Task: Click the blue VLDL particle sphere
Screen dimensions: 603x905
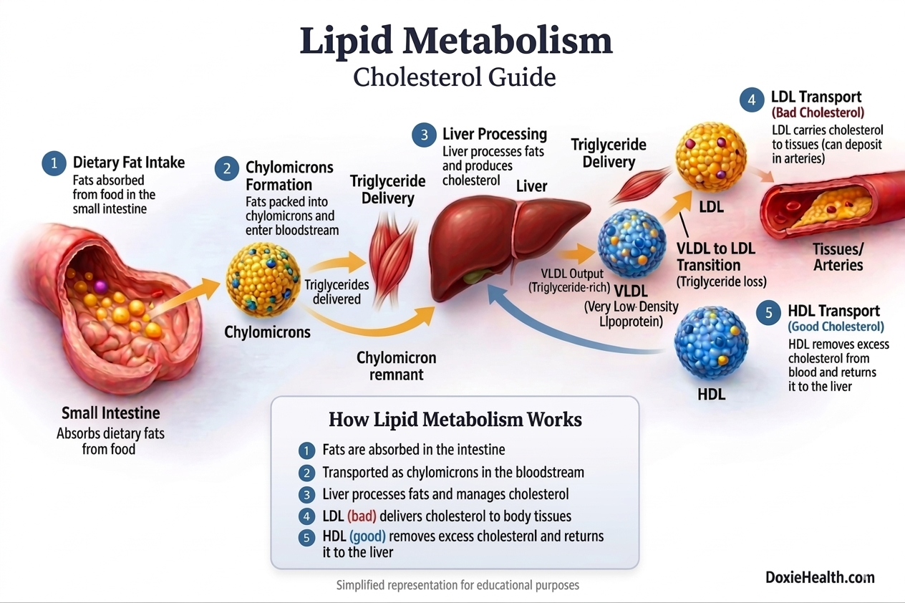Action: pos(631,242)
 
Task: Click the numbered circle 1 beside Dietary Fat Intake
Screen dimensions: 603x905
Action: pos(54,163)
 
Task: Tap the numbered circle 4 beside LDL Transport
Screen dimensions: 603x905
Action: pos(752,100)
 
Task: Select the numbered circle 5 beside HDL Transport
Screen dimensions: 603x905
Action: pos(769,313)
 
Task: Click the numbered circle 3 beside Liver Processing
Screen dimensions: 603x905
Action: pos(424,135)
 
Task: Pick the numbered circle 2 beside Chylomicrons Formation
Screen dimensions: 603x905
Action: pos(227,169)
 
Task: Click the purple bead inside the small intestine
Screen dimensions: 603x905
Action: pos(100,286)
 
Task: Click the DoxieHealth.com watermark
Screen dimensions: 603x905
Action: pos(819,577)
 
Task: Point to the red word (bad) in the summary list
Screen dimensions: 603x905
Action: pos(362,516)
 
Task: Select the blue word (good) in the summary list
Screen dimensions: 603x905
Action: pos(367,536)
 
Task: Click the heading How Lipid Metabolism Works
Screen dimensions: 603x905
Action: pos(455,419)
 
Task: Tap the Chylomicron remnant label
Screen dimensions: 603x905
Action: pos(396,365)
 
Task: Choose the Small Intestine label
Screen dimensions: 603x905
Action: pos(110,413)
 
